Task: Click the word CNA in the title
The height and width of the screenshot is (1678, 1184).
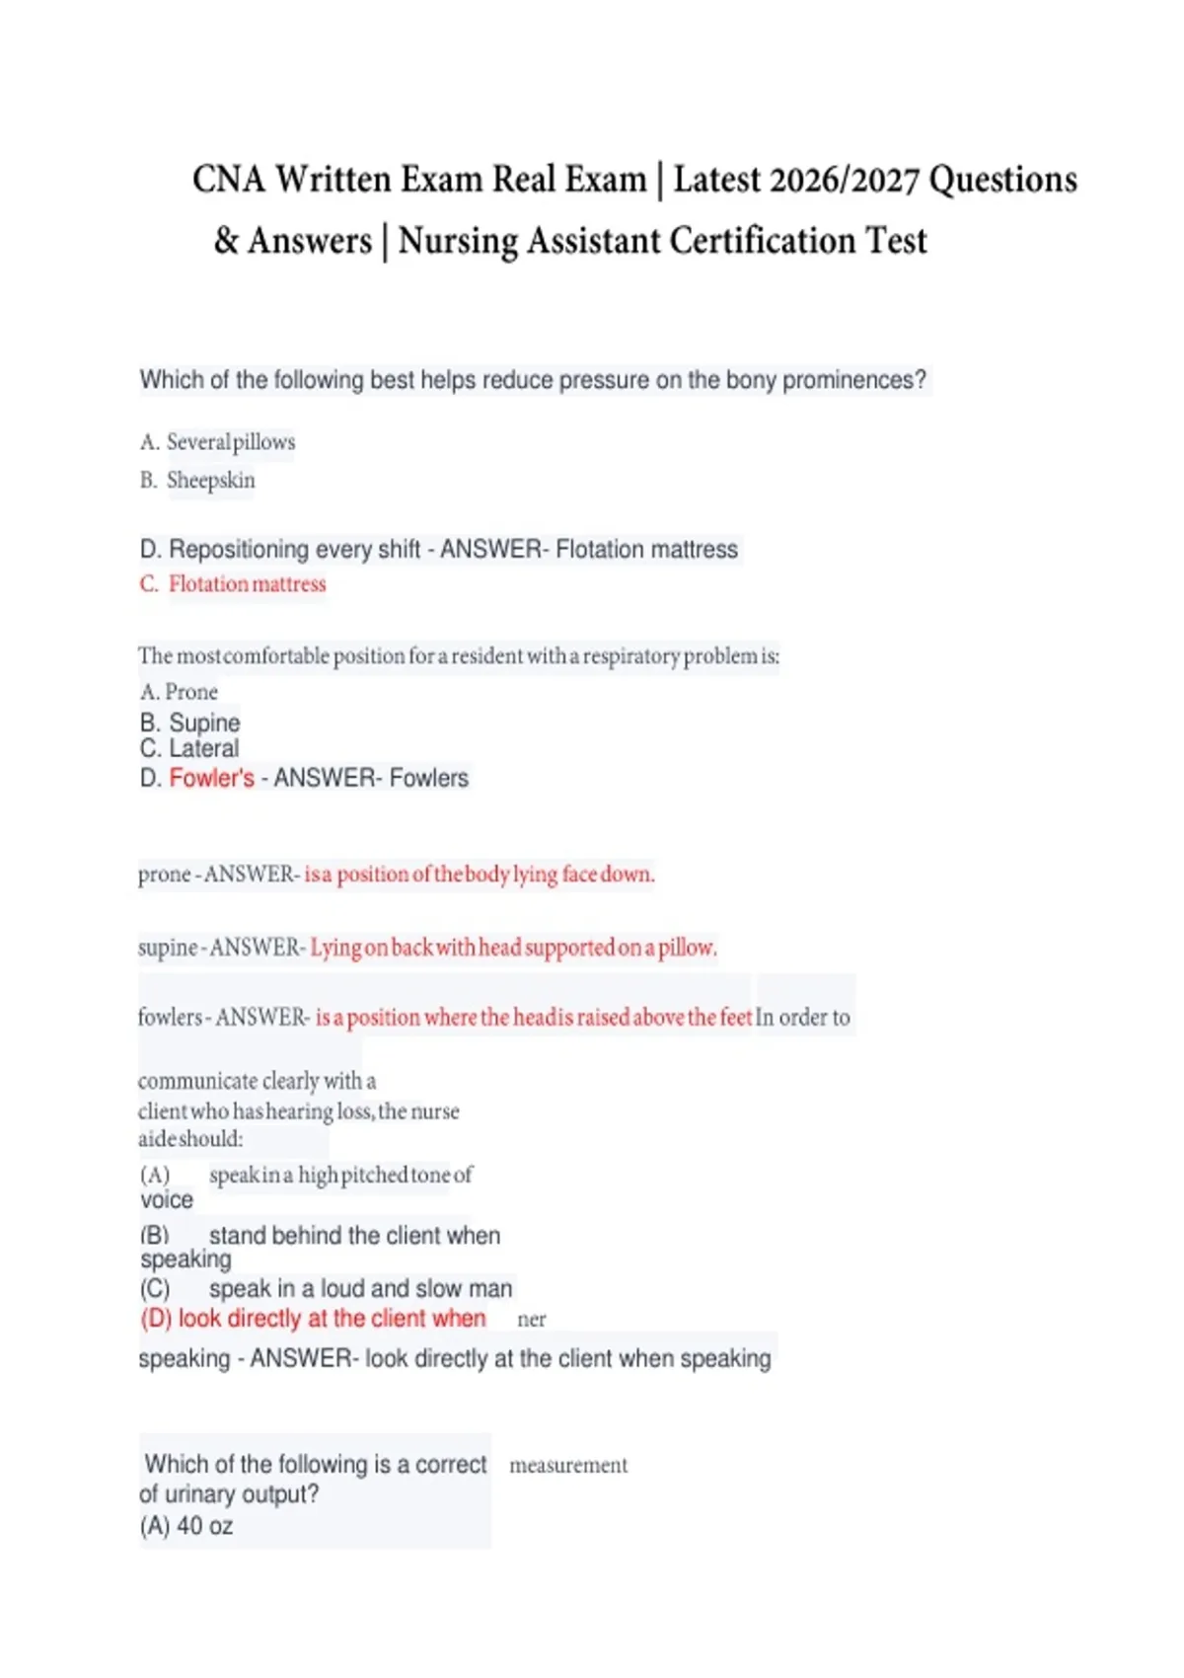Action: (229, 180)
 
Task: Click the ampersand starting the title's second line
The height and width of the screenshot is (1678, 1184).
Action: (226, 241)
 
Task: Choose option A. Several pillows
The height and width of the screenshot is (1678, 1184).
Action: (218, 442)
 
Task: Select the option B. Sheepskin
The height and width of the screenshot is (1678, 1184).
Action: (197, 481)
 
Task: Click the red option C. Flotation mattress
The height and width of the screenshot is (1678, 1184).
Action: (233, 584)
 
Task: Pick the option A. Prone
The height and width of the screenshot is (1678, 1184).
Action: (179, 692)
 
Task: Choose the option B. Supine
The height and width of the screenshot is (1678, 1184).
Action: (190, 723)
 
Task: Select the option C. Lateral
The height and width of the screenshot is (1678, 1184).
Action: (189, 748)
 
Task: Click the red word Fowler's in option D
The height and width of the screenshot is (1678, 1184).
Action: (211, 778)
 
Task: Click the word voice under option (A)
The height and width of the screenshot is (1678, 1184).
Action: (167, 1200)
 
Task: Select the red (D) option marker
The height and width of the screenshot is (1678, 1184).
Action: (156, 1319)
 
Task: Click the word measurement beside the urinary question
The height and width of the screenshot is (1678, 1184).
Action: (568, 1466)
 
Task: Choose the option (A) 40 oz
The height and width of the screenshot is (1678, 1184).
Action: (186, 1526)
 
